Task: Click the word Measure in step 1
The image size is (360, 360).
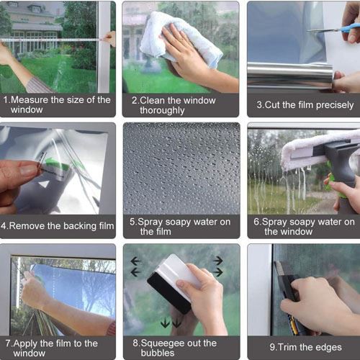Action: [x=30, y=100]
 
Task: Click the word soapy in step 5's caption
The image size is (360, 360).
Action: [x=178, y=222]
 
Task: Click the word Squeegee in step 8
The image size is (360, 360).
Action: [x=163, y=343]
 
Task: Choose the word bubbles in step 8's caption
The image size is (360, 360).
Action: [x=158, y=353]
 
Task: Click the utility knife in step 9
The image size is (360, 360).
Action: [x=289, y=297]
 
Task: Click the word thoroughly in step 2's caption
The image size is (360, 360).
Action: [x=162, y=111]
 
